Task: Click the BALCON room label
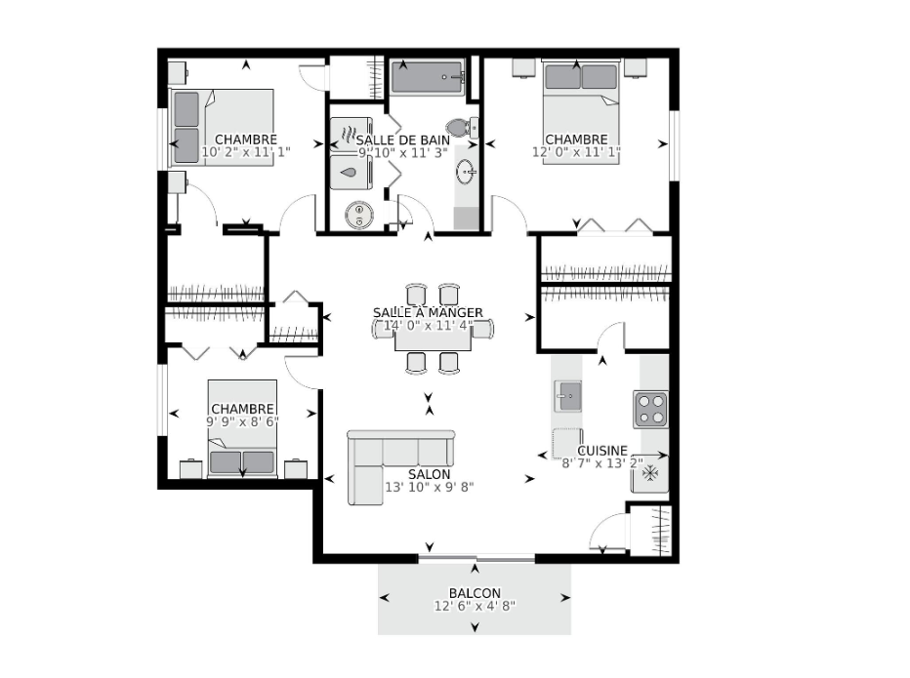point(475,593)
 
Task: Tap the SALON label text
point(429,474)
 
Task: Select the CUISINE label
point(602,451)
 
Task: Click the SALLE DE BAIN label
point(403,140)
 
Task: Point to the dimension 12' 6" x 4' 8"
point(475,606)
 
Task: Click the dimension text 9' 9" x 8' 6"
point(242,421)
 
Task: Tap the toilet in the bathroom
point(462,126)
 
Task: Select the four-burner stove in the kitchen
point(650,410)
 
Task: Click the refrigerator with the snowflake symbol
point(650,473)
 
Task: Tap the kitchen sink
point(567,396)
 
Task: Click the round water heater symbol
point(359,214)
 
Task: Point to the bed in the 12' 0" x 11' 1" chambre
point(580,111)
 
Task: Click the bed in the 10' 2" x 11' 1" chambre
point(222,128)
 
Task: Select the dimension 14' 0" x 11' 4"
point(429,326)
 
